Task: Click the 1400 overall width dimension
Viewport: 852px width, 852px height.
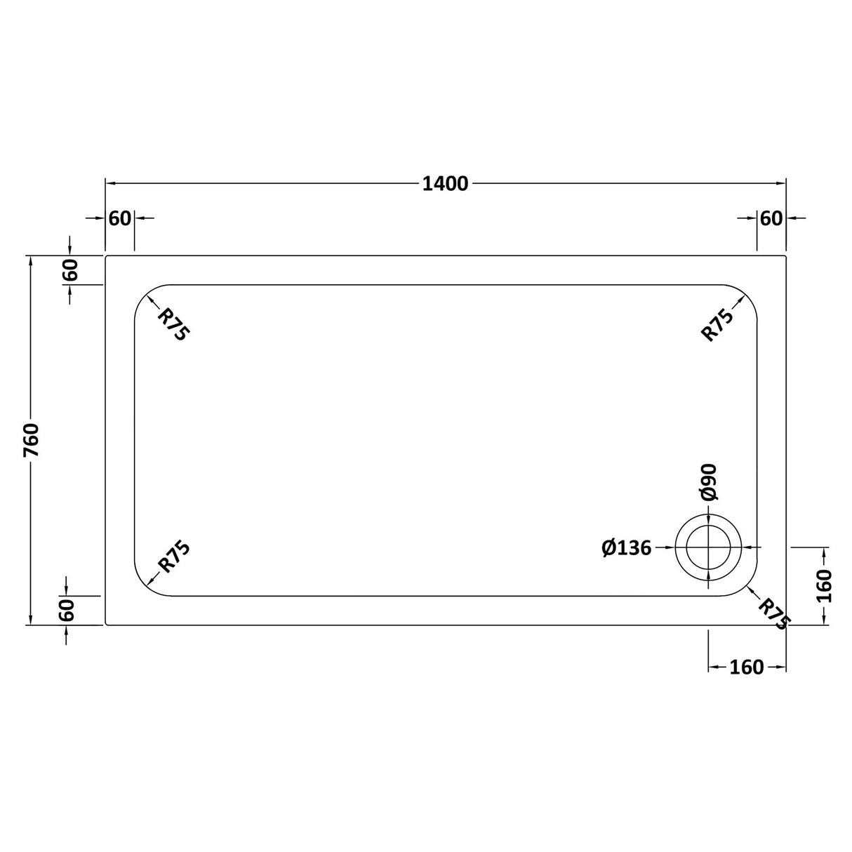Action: click(x=445, y=184)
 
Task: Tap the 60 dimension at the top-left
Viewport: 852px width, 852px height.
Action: click(x=120, y=218)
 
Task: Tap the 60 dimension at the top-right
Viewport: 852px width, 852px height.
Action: click(x=771, y=218)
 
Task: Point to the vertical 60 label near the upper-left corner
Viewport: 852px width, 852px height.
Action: click(x=69, y=270)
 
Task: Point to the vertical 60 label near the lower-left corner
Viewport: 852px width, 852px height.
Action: click(x=67, y=610)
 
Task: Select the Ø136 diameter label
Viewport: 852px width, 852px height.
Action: click(x=627, y=547)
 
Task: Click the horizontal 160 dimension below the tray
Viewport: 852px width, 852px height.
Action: click(x=746, y=667)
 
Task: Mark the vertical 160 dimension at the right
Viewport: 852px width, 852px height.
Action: click(x=824, y=585)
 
